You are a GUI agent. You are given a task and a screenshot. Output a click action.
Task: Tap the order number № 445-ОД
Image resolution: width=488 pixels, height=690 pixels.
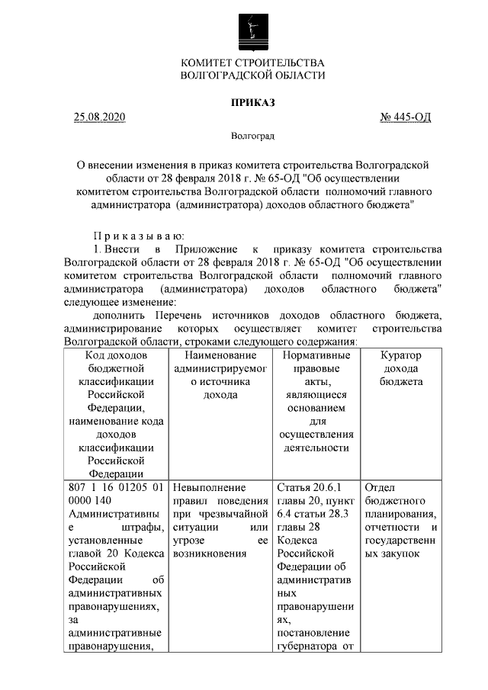[406, 117]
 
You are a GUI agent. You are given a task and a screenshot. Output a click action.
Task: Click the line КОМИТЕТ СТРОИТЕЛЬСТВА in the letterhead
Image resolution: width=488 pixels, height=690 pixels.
[252, 62]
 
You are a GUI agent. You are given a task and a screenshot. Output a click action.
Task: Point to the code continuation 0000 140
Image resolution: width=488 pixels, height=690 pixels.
[90, 500]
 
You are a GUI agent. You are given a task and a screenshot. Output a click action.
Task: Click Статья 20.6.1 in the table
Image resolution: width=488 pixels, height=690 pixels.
[307, 487]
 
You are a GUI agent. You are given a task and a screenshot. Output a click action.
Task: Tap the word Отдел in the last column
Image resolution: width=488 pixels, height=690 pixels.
[380, 487]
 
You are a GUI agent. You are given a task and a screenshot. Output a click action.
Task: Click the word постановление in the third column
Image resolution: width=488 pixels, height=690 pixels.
[312, 634]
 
